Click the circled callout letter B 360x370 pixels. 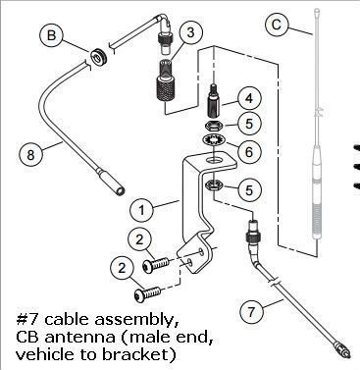coord(52,35)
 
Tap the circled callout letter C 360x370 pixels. coord(277,25)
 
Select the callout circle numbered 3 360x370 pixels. coord(190,32)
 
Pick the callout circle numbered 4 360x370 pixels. coord(249,98)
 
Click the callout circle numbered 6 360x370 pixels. coord(249,151)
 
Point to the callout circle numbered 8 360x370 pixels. coord(30,154)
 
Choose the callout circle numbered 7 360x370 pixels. coord(251,312)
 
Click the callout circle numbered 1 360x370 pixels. coord(141,210)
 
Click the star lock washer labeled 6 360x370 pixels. coord(213,140)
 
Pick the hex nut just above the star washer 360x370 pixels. coord(213,125)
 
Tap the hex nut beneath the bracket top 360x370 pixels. coord(213,186)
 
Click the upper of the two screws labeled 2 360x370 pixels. coord(156,264)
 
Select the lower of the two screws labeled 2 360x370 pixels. coord(147,292)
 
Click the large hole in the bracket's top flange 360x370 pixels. coord(213,160)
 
